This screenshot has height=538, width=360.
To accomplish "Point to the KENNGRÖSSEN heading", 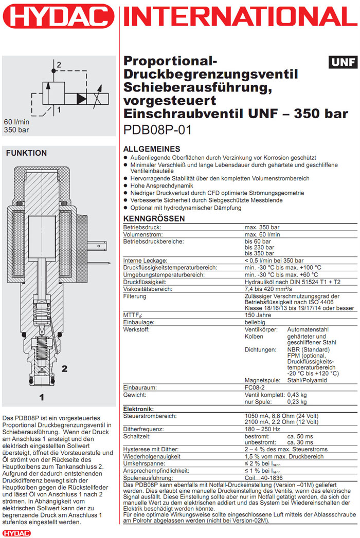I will (x=154, y=218).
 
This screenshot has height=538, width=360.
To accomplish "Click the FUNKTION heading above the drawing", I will (x=26, y=153).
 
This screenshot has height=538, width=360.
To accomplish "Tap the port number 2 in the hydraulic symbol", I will (x=59, y=65).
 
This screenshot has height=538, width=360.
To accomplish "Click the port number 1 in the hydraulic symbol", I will (x=59, y=109).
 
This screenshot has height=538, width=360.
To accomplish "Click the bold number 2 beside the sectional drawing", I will (x=64, y=368).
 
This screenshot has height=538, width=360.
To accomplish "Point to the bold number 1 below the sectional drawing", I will (x=42, y=397).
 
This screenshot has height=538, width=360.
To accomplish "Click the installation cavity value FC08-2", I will (x=257, y=387).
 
